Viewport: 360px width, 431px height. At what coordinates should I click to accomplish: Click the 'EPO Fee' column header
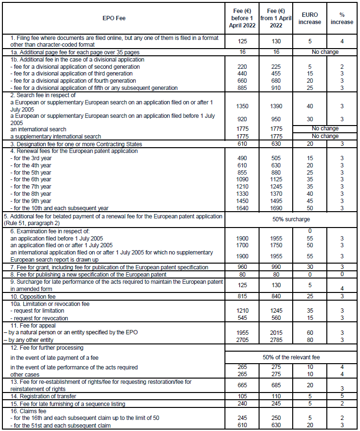(x=114, y=18)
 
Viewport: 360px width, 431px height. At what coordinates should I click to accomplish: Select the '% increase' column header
(x=342, y=18)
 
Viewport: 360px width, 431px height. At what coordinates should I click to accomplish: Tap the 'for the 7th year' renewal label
(x=33, y=186)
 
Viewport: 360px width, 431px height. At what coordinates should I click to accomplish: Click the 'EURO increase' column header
(x=309, y=18)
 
